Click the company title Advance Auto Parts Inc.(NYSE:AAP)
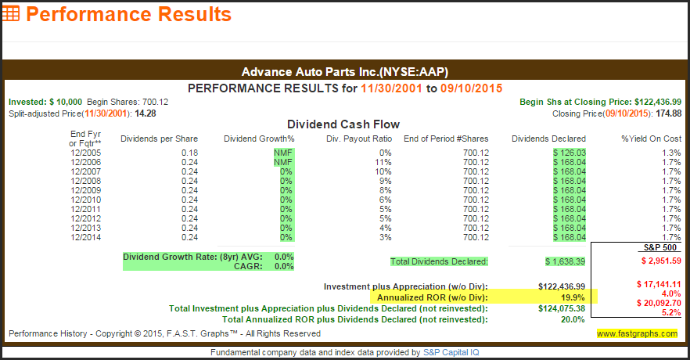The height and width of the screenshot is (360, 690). [344, 71]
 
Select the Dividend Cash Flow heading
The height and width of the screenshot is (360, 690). [343, 124]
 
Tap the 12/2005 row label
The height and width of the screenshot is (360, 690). [85, 153]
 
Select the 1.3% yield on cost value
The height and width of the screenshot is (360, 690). [671, 153]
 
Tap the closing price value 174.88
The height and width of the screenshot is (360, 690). [667, 113]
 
